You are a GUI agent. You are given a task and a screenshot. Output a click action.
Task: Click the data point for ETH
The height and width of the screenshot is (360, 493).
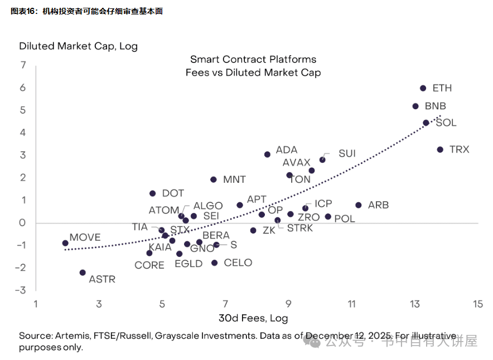coord(423,88)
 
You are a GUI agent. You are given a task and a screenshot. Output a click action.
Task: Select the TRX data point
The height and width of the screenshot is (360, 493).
coord(440,149)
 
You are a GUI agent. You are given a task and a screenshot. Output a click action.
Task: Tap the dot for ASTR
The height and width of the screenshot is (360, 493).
coord(83,273)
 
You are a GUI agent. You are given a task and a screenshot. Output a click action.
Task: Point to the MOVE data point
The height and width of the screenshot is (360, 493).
coord(65,243)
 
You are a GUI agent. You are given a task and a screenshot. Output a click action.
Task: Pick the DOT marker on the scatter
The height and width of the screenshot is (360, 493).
coord(152,193)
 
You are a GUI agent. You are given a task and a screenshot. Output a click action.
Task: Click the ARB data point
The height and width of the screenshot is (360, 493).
coord(358,205)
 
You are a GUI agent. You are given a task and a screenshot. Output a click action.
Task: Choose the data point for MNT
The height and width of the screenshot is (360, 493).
coord(213,179)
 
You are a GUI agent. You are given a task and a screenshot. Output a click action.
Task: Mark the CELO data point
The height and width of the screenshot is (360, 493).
coord(214,263)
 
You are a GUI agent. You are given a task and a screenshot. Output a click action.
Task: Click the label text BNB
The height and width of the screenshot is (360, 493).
coord(436,106)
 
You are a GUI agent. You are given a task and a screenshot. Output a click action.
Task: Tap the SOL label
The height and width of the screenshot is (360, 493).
coord(446,123)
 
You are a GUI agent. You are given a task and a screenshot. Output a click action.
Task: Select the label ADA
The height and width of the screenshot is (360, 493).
coord(287,150)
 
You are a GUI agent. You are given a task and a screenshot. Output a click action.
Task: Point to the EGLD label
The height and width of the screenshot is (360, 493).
coord(188,264)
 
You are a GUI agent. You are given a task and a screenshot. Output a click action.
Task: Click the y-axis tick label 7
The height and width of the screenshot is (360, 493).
coord(23,65)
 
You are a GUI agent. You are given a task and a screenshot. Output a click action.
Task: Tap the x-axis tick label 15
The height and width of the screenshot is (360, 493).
coord(477,304)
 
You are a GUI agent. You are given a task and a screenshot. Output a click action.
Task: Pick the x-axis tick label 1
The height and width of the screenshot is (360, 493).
coord(36,304)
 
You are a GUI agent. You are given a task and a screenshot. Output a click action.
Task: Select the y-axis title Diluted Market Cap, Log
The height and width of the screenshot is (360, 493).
coord(78,46)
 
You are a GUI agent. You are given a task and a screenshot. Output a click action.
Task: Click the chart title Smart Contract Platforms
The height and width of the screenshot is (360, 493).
coord(253,60)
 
